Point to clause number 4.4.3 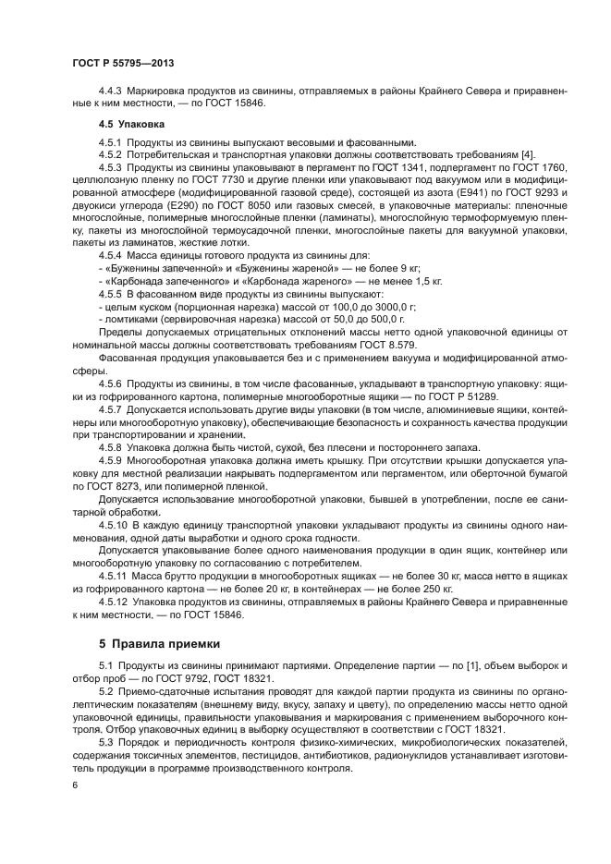point(111,91)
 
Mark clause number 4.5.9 point(111,459)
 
